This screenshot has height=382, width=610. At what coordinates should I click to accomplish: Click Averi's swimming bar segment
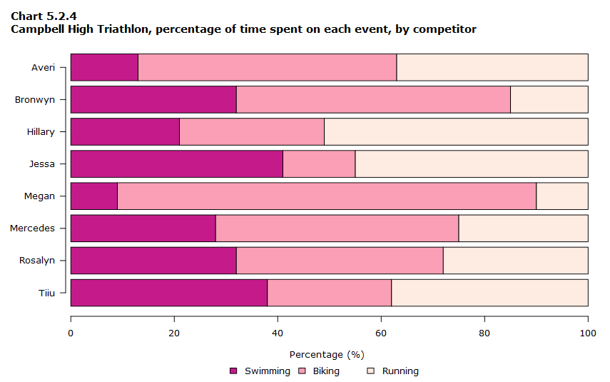104,67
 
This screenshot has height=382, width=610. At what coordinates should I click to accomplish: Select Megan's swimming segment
94,196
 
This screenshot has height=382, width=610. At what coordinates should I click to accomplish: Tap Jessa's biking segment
319,164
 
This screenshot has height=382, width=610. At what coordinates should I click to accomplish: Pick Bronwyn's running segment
549,100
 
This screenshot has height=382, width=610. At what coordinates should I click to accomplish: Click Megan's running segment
562,196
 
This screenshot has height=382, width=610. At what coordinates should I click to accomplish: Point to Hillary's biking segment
252,131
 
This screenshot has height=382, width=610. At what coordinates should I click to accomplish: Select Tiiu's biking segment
330,293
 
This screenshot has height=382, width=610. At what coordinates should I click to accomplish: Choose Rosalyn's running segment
515,261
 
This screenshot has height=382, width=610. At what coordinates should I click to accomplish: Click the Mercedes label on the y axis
32,228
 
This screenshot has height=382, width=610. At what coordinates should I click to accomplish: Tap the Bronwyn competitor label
35,100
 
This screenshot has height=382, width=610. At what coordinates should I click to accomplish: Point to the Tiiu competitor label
46,293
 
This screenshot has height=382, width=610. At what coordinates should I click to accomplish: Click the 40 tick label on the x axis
278,333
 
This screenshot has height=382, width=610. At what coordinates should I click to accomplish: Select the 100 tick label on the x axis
588,333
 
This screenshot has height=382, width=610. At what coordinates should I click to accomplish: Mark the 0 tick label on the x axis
71,333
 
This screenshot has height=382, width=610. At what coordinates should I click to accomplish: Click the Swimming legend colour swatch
233,371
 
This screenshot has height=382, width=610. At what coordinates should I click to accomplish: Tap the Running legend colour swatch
371,371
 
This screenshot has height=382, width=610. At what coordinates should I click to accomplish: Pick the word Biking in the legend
326,371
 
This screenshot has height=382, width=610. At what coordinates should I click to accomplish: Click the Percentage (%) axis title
327,355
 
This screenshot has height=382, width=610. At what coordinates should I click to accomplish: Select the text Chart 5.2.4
44,16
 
